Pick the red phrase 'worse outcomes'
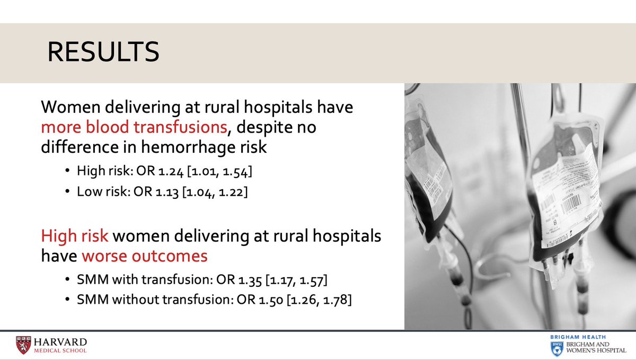pyautogui.click(x=144, y=256)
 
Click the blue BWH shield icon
pyautogui.click(x=556, y=347)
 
